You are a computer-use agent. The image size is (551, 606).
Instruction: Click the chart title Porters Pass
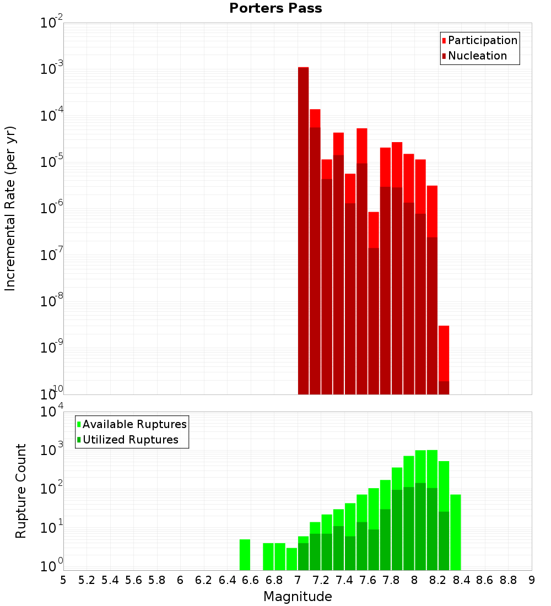click(275, 8)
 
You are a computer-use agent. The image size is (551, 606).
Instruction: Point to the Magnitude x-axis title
click(298, 597)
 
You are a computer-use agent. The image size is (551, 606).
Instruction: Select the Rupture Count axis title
click(21, 491)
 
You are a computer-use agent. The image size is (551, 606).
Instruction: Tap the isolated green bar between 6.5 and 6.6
click(245, 555)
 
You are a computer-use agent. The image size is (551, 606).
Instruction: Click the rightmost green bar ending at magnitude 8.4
click(455, 532)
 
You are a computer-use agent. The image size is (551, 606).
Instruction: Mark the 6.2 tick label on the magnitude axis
click(204, 580)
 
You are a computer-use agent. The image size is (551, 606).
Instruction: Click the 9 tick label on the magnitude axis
click(531, 580)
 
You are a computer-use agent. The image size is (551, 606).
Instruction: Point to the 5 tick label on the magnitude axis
click(63, 580)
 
